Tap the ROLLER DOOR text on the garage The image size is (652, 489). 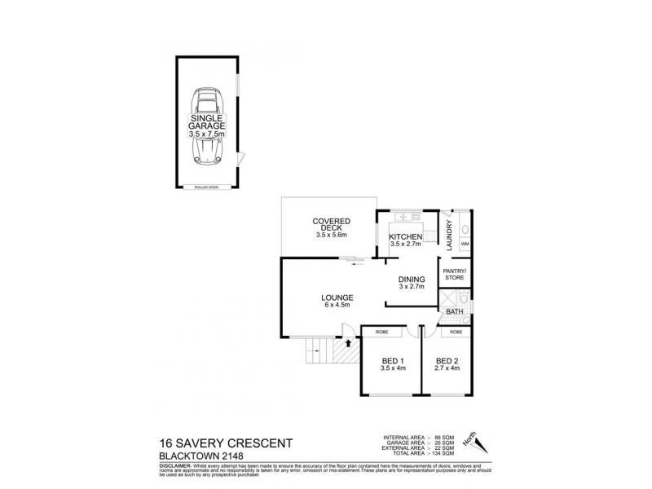(x=206, y=187)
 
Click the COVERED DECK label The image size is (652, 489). (x=332, y=227)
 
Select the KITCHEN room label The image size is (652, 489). (x=404, y=239)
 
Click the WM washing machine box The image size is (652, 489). (x=465, y=244)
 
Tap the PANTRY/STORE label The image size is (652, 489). (x=453, y=274)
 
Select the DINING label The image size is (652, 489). (x=412, y=282)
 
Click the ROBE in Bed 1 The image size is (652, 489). (x=381, y=333)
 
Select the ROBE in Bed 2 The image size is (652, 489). (x=456, y=333)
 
